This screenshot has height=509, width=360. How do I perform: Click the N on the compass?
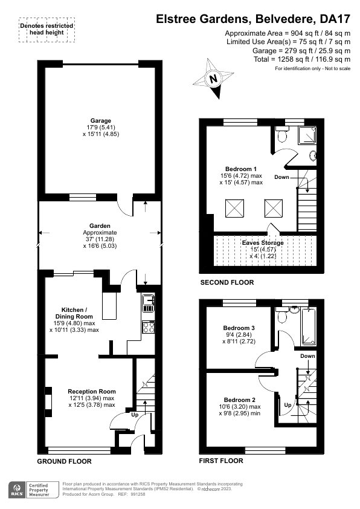pyautogui.click(x=213, y=79)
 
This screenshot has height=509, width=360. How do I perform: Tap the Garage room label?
pyautogui.click(x=100, y=121)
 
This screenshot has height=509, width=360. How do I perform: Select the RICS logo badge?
pyautogui.click(x=18, y=490)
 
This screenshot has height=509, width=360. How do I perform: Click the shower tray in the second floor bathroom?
pyautogui.click(x=307, y=135)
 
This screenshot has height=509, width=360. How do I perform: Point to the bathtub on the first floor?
pyautogui.click(x=309, y=326)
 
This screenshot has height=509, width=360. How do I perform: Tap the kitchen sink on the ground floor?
pyautogui.click(x=148, y=303)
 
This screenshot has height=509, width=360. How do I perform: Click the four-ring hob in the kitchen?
pyautogui.click(x=149, y=327)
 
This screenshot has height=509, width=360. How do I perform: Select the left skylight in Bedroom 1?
pyautogui.click(x=234, y=209)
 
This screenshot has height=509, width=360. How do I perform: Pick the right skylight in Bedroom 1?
pyautogui.click(x=274, y=209)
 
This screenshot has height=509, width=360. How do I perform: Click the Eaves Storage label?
pyautogui.click(x=263, y=242)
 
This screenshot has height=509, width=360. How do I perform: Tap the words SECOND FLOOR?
pyautogui.click(x=227, y=282)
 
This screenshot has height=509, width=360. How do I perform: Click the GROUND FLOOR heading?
pyautogui.click(x=64, y=461)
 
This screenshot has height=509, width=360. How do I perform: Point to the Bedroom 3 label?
pyautogui.click(x=239, y=328)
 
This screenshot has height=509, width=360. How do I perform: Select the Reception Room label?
pyautogui.click(x=92, y=392)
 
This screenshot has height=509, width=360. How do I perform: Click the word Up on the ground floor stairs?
pyautogui.click(x=135, y=415)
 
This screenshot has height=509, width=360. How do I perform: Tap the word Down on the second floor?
pyautogui.click(x=281, y=177)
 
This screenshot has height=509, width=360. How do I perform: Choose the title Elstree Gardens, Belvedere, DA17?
pyautogui.click(x=253, y=19)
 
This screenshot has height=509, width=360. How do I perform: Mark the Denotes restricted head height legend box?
pyautogui.click(x=47, y=30)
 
